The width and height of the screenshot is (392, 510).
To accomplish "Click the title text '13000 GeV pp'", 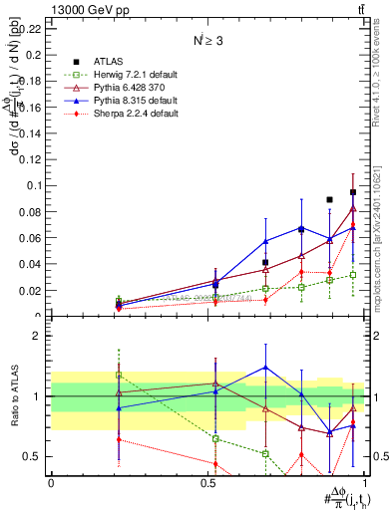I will click(x=81, y=9).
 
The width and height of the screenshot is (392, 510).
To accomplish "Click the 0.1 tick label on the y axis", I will click(x=36, y=185).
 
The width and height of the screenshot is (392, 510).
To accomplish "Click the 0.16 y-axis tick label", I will click(x=33, y=107).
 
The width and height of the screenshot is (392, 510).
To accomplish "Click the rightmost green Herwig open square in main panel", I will click(x=353, y=275).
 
